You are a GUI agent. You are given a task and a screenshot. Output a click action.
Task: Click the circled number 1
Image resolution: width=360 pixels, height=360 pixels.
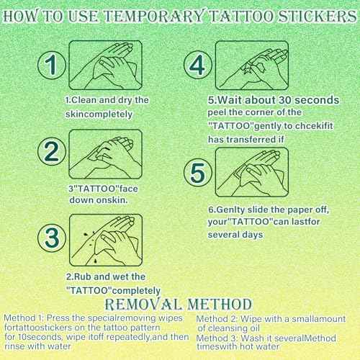point(50,65)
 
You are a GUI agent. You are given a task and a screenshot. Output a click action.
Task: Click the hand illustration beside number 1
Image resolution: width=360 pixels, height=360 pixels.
point(108,64)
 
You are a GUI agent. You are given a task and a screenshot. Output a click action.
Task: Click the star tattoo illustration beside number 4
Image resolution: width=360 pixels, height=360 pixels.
point(253,64)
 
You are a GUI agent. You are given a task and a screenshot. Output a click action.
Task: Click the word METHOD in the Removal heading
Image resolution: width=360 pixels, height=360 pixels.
point(215,304)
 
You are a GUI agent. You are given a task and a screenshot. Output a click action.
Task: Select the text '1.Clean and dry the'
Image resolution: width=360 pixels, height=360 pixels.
point(106,101)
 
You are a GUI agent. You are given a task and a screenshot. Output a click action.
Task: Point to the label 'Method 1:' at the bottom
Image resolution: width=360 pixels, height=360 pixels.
point(24,318)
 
